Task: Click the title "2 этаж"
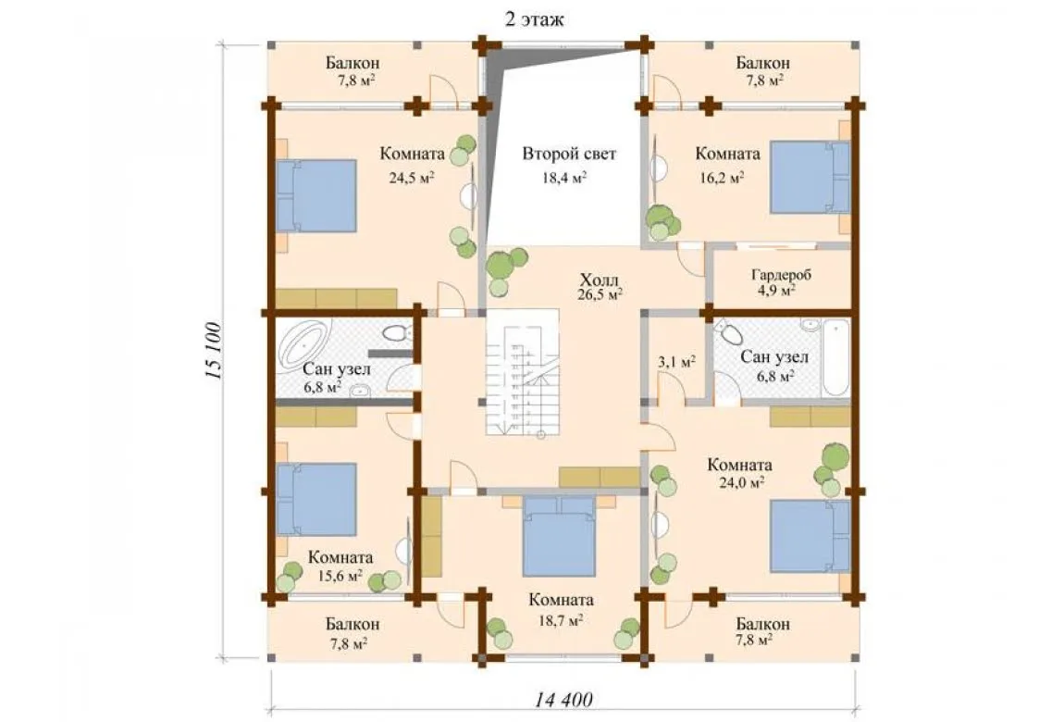pos(534,19)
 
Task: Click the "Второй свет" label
pos(569,154)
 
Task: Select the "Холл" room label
pos(600,279)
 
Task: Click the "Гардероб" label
pos(781,276)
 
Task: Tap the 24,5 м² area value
pos(411,178)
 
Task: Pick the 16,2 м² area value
pos(722,178)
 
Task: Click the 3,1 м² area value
pos(676,362)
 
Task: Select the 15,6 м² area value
pos(340,576)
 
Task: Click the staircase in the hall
pos(523,373)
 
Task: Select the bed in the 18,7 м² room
pos(559,536)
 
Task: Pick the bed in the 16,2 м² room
pos(810,177)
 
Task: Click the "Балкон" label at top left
pos(353,63)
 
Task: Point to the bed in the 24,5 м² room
pos(315,196)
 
